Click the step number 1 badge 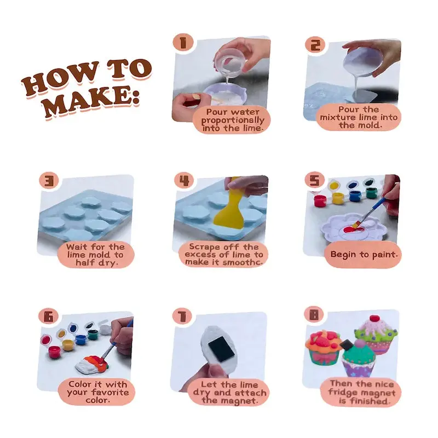click(x=183, y=43)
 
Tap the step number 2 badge click(x=315, y=45)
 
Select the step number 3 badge click(x=49, y=181)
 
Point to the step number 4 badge click(x=184, y=180)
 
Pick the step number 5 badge click(x=314, y=180)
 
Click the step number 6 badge click(x=49, y=317)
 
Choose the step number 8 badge click(x=314, y=315)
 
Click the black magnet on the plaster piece click(x=222, y=349)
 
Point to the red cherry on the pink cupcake click(x=374, y=319)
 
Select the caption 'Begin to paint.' click(x=364, y=255)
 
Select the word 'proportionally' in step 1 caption click(x=233, y=120)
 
